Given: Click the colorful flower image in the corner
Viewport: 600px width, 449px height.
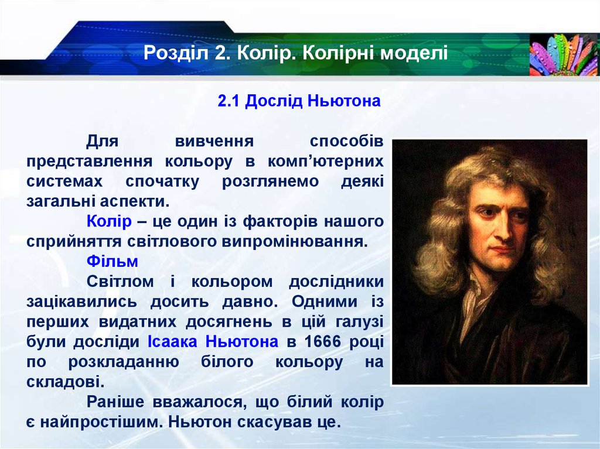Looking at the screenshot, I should pos(563,54).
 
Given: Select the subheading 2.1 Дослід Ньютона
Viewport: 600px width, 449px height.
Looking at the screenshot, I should pos(299,101).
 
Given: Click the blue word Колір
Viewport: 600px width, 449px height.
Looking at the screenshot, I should pos(105,222).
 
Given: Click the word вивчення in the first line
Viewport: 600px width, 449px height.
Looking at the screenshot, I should pos(214,141).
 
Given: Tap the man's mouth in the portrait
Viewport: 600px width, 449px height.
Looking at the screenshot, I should pos(502,249).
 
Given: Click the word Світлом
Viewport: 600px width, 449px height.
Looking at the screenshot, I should pos(121,281).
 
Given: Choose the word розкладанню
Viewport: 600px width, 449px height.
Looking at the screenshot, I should pos(122,362).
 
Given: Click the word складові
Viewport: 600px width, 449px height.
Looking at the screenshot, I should pos(65,382).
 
